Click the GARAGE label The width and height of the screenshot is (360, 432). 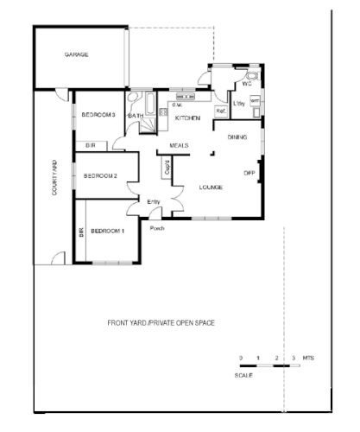77,54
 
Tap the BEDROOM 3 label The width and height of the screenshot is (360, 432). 98,115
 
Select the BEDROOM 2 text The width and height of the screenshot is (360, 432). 100,176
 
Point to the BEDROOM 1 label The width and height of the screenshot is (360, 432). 108,231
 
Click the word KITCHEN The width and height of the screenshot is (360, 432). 187,117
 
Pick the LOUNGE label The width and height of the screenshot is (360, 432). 212,187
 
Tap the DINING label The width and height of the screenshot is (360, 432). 237,138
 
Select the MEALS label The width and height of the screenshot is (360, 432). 179,145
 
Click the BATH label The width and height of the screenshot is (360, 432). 136,115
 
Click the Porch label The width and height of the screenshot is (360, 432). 157,229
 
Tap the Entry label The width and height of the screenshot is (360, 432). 154,201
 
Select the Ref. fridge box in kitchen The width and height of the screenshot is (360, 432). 220,111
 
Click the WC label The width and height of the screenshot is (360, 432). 246,84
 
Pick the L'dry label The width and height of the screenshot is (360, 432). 238,105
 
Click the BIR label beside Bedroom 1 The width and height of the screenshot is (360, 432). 81,232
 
